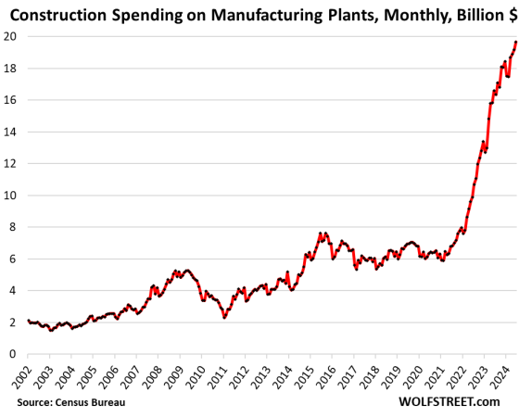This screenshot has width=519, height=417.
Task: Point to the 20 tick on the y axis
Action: tap(11, 36)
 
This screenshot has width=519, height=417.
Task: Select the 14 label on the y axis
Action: tap(11, 132)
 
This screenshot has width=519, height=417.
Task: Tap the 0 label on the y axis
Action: tap(14, 354)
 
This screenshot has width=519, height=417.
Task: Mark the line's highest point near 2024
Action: tap(515, 42)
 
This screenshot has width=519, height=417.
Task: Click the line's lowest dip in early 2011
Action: tap(224, 317)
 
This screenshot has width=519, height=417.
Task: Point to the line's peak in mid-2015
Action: tap(321, 234)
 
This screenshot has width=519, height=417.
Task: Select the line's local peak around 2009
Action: tap(186, 271)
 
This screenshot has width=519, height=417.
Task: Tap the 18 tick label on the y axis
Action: tap(11, 68)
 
